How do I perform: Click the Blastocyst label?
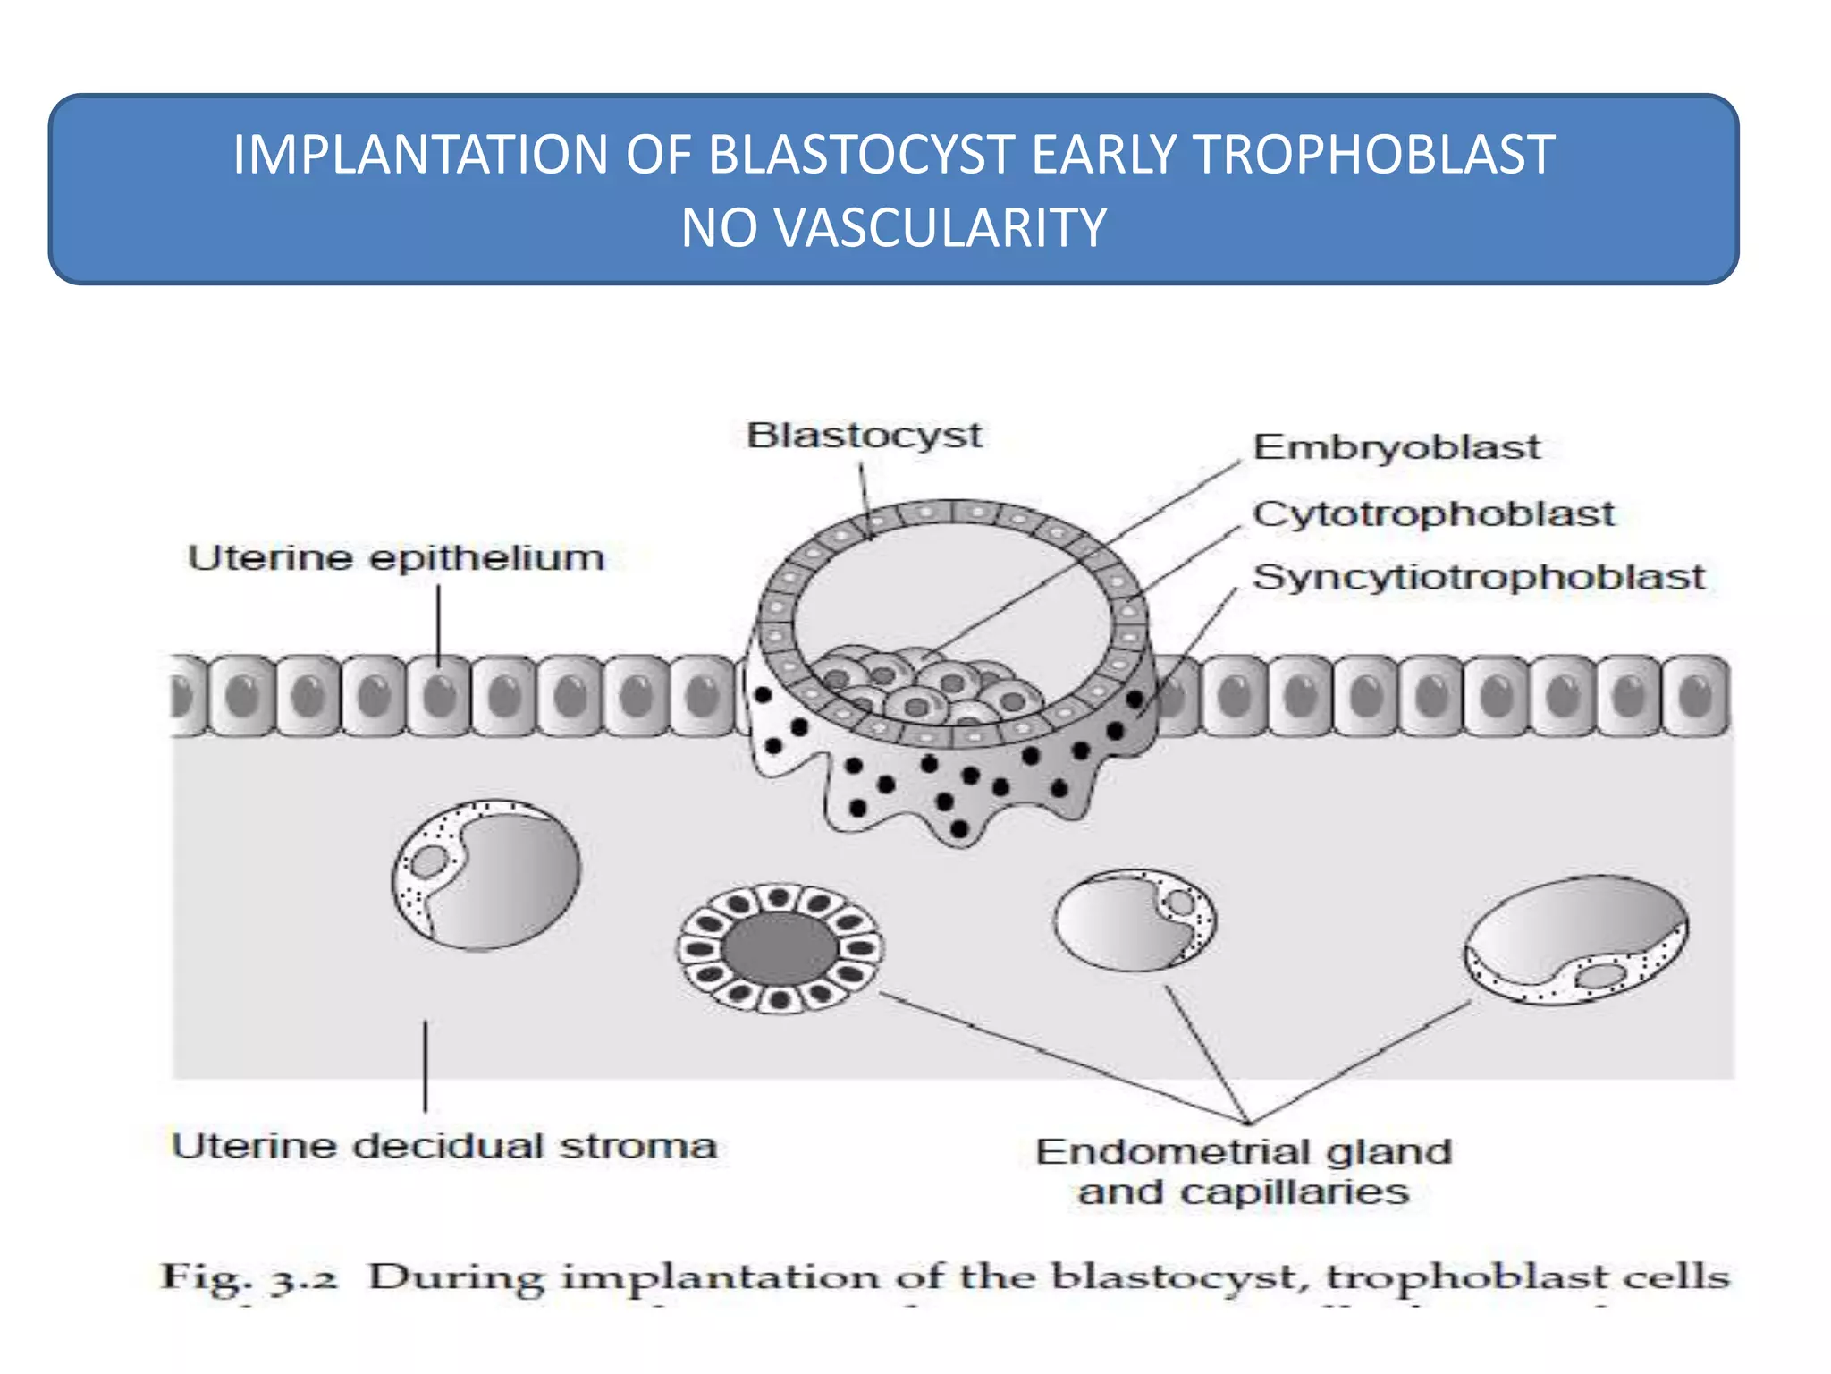864,437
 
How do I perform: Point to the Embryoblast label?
1396,447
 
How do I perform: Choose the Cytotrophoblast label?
1433,514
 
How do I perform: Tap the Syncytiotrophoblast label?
1478,577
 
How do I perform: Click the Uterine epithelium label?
396,558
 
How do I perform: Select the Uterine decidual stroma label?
444,1147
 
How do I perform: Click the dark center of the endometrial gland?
780,949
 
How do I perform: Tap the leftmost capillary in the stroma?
486,875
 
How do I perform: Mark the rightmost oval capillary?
1575,938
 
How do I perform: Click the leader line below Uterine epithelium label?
439,623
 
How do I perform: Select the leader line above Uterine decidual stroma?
425,1065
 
